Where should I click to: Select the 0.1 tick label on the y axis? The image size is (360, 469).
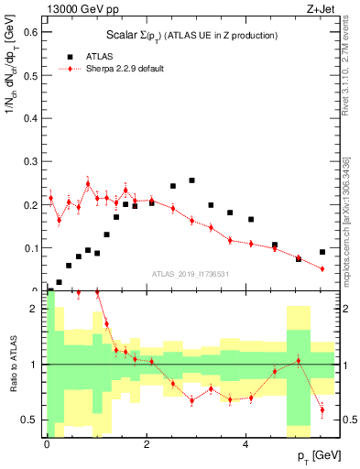point(35,247)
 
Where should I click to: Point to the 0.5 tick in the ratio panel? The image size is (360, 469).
point(35,420)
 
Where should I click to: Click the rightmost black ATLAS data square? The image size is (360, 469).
point(322,252)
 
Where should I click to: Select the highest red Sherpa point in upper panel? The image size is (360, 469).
point(88,183)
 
